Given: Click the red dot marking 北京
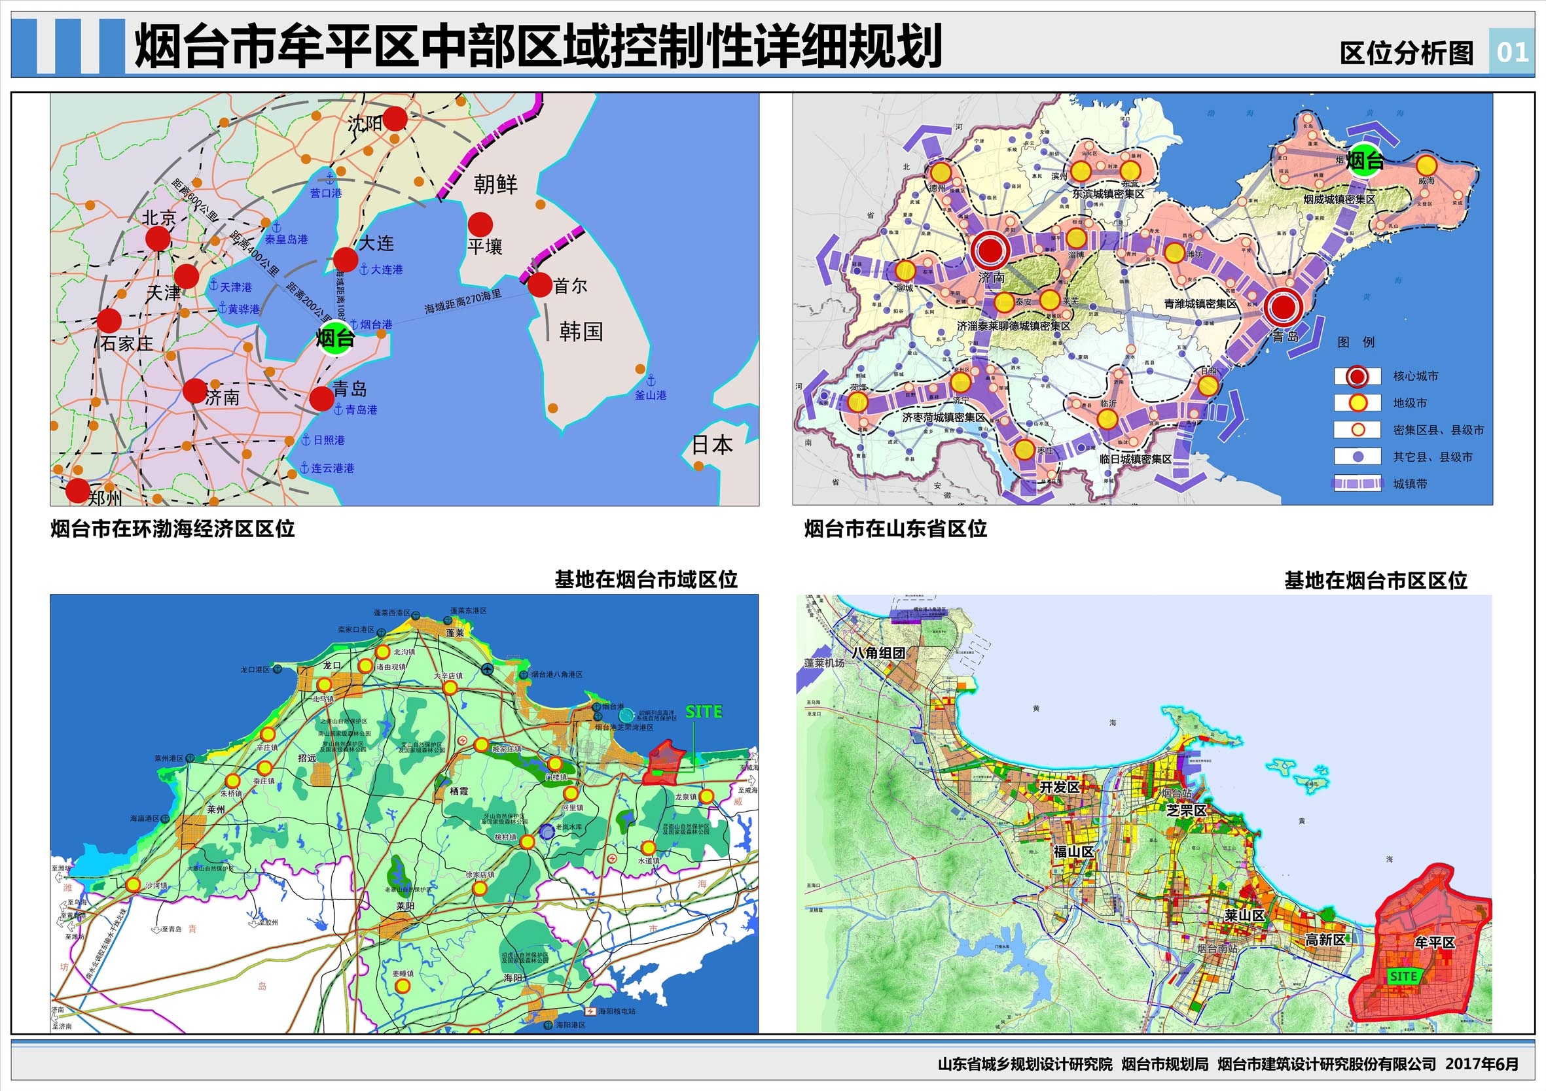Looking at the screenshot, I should click(158, 238).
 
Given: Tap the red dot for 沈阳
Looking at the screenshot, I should click(395, 118).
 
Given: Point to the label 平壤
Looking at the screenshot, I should click(485, 247).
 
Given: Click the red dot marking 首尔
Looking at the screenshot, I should click(540, 285).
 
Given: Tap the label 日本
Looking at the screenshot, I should click(711, 445).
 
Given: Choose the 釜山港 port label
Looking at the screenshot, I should click(651, 395).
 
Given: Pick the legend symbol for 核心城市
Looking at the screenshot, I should click(1358, 376).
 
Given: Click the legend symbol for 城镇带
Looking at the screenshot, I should click(1358, 483).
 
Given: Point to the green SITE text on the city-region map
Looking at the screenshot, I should click(704, 712).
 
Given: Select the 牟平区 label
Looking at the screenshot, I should click(1434, 942).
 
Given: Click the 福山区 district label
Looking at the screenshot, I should click(1073, 852).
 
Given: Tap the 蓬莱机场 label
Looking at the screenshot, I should click(824, 663).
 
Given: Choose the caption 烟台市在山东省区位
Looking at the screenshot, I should click(895, 529).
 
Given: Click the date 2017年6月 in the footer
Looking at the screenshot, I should click(1482, 1064).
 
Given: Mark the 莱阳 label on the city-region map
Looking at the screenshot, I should click(405, 906).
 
